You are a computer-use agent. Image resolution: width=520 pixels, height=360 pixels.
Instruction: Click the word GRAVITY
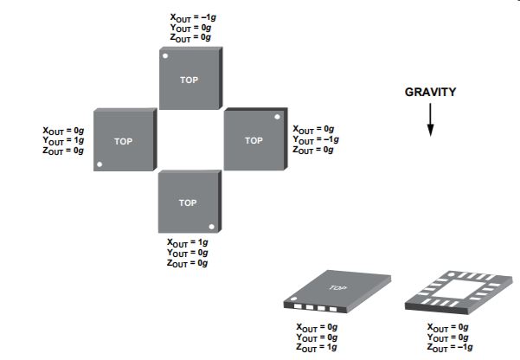pos(430,92)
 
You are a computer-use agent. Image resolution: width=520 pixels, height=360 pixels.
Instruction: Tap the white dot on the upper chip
pos(165,55)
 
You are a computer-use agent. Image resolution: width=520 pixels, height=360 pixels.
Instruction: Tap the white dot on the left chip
pos(100,164)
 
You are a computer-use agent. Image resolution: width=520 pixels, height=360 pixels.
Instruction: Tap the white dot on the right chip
pos(276,117)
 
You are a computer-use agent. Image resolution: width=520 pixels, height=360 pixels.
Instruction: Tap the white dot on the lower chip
pos(210,227)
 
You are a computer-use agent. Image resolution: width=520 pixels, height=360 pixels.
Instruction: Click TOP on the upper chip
pos(189,79)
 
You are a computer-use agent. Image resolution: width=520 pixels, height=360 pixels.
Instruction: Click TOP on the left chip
pos(124,140)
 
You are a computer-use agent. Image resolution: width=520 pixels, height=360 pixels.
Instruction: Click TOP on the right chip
pos(254,140)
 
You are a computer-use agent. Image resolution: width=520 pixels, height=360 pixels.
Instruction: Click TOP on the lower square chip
pos(188,202)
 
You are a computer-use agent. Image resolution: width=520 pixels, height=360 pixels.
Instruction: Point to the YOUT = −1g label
pos(316,140)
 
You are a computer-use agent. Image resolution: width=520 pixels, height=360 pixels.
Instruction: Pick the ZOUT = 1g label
pos(316,347)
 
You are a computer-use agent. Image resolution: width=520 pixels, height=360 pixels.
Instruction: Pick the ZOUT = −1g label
pos(449,347)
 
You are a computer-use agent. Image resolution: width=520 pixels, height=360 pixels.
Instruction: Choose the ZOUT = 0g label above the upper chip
pos(189,38)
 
